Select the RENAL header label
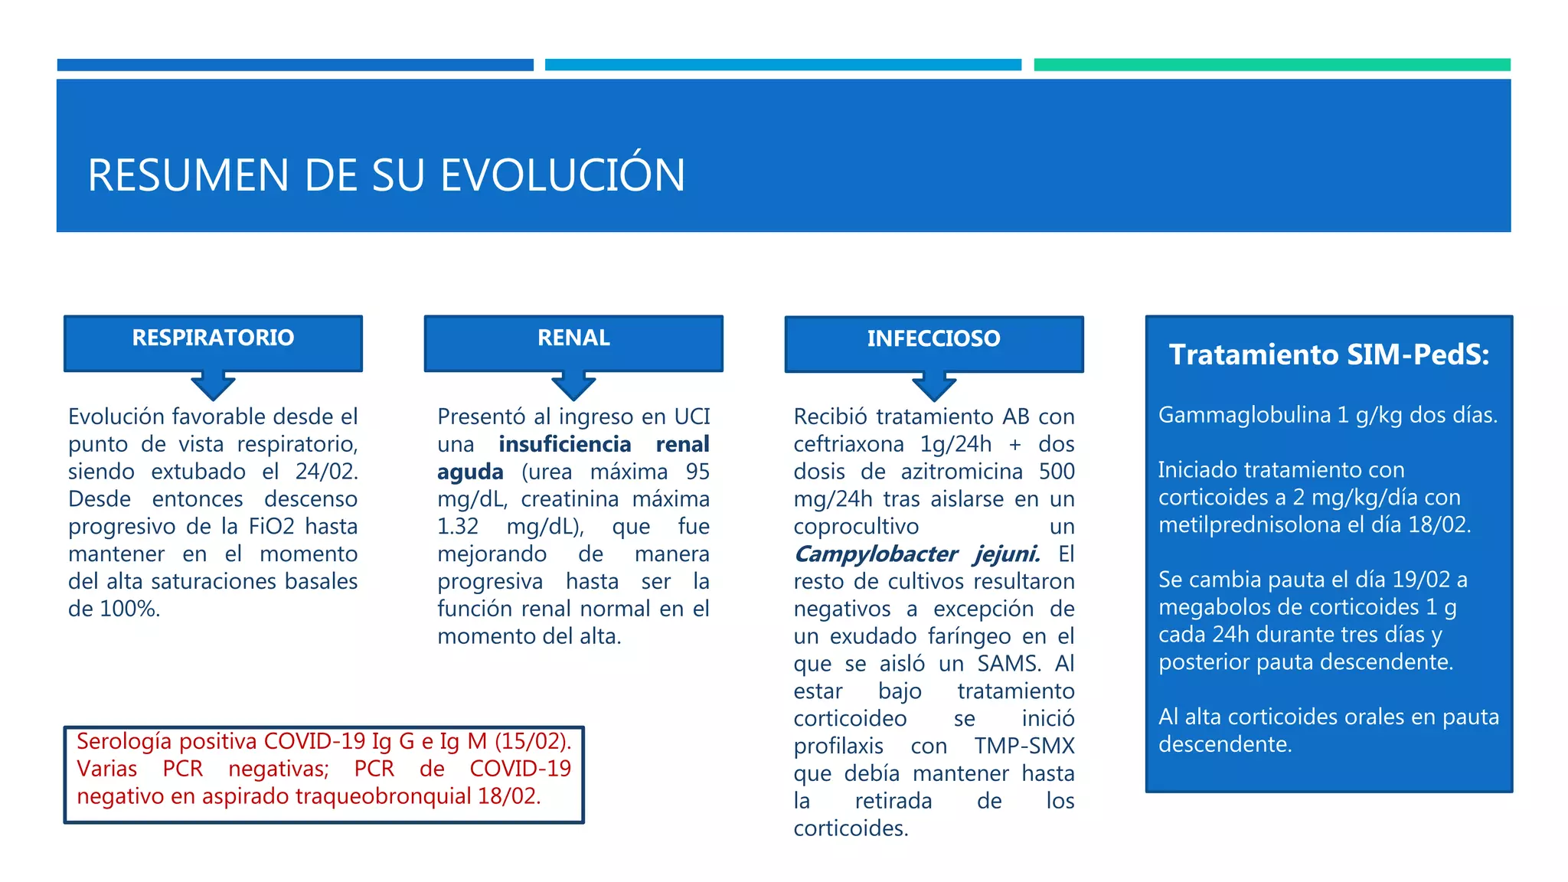[573, 338]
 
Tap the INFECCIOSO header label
[933, 338]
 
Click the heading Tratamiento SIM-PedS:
[1328, 354]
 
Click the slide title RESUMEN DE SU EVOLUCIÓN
[386, 175]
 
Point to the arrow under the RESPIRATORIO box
[213, 386]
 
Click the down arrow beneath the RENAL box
[573, 386]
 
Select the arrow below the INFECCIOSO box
[933, 387]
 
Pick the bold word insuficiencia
[564, 444]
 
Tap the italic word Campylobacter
[876, 554]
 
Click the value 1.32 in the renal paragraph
[457, 527]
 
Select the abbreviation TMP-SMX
[1024, 746]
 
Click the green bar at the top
[1272, 65]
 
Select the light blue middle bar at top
[782, 65]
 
